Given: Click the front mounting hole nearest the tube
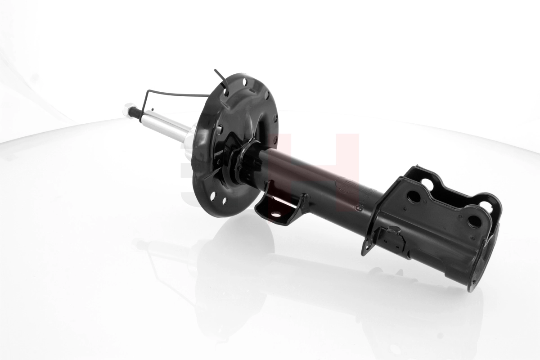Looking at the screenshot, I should [414, 197].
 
